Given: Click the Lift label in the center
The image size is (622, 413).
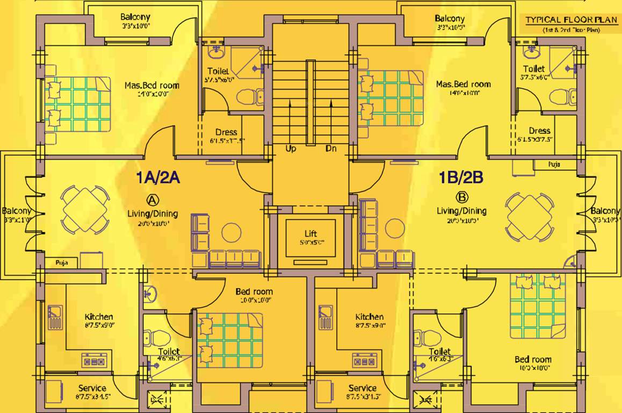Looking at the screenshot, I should pos(310,234).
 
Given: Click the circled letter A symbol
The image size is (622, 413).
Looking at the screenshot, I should pos(153,200).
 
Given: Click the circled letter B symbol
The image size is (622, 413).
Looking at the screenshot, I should pos(461,196).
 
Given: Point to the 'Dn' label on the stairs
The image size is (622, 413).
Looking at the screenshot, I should pos(331,148).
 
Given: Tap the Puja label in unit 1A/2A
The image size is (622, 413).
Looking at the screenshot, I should pos(60,263).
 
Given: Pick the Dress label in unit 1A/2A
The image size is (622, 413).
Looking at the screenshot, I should pos(226,132).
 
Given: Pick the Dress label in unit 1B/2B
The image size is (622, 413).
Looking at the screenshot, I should pos(539,131).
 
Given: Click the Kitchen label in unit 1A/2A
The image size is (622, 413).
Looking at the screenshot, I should pos(99,317).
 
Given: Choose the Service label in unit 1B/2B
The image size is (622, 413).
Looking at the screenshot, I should pos(363,388).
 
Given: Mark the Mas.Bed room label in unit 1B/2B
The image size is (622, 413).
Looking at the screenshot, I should pos(463,84).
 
